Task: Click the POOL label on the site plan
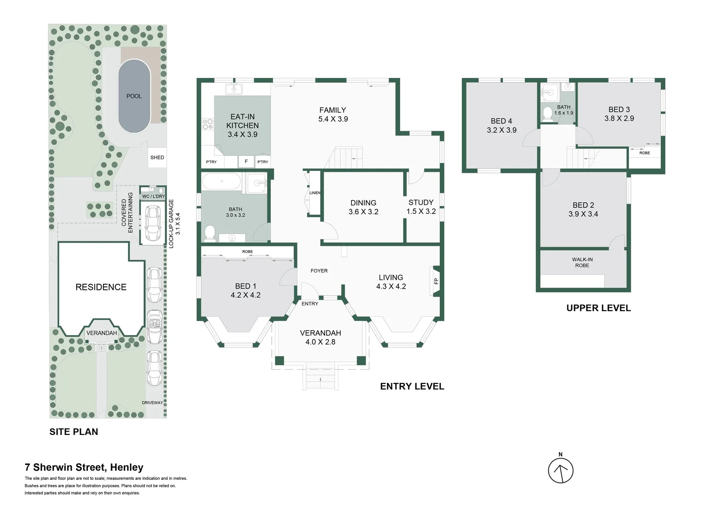134,96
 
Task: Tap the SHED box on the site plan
157,157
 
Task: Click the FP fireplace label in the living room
436,281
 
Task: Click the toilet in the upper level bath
547,113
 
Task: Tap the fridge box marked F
246,161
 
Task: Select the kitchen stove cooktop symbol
207,124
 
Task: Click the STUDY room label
421,202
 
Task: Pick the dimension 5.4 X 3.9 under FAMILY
333,119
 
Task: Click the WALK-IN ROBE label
582,263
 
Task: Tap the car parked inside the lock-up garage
152,223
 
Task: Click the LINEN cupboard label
315,193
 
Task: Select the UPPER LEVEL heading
598,308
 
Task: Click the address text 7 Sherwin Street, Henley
84,467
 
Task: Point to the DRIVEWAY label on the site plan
152,403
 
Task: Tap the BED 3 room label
619,109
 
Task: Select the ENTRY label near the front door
309,304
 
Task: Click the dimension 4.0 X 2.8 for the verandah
320,342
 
